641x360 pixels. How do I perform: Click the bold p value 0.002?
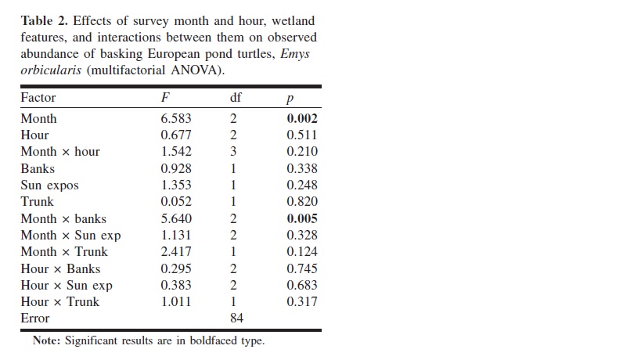point(302,118)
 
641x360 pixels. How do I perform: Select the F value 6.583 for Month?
point(176,118)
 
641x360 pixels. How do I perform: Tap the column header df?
point(236,97)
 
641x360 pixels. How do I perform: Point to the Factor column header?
point(38,97)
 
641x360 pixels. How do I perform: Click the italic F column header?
point(165,97)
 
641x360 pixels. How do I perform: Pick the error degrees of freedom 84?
point(236,318)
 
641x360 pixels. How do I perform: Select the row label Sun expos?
point(49,185)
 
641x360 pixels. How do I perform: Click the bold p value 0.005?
point(302,218)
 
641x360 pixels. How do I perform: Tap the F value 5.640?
point(176,218)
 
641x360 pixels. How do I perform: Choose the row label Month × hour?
point(60,152)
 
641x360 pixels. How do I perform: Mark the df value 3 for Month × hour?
point(233,152)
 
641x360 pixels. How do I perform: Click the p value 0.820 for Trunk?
point(302,201)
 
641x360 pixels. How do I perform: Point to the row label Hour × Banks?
point(60,269)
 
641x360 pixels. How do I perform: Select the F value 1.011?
point(176,301)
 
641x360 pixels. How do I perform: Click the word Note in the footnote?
point(47,340)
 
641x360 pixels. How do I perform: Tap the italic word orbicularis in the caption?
point(51,70)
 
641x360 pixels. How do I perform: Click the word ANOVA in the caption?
point(194,70)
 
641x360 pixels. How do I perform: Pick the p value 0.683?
point(302,285)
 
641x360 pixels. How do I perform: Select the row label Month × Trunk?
point(64,252)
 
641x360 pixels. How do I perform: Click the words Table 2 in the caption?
point(44,21)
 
